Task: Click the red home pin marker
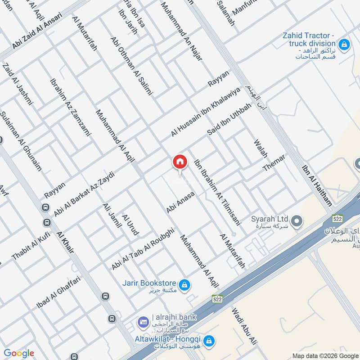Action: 180,162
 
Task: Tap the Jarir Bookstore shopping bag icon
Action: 184,285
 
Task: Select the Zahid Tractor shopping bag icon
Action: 344,44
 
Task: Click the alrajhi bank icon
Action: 143,322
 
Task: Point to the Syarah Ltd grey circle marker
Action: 296,221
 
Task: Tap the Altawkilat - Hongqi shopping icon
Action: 208,341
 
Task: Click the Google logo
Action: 18,354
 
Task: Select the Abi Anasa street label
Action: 180,202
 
